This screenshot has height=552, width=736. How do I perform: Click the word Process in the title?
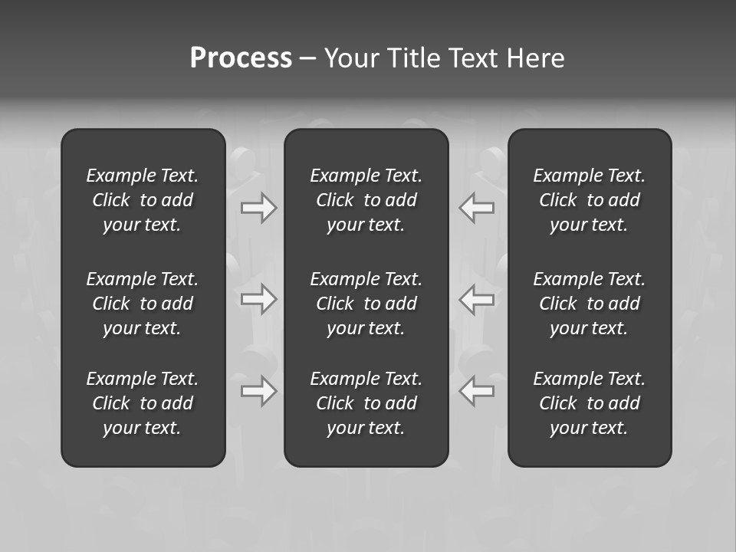241,58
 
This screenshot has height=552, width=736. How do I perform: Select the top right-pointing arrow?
258,208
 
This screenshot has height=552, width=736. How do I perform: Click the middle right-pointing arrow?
258,299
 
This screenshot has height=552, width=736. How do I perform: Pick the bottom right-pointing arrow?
258,391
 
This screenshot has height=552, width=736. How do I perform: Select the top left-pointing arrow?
477,208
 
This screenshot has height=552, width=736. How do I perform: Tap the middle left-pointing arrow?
477,299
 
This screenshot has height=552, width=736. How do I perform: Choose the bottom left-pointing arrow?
477,391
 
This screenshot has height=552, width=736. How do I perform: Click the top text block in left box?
143,200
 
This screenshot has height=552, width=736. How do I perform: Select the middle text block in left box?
143,304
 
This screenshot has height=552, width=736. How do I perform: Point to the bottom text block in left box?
143,403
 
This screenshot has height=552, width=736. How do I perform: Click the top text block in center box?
366,200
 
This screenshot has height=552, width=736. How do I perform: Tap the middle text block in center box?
366,304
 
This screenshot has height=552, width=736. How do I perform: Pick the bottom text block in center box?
366,403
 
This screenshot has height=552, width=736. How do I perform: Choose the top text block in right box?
590,200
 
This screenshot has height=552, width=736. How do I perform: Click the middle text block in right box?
590,304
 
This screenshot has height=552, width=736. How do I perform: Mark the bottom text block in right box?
590,403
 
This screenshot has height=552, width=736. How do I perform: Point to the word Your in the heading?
352,58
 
